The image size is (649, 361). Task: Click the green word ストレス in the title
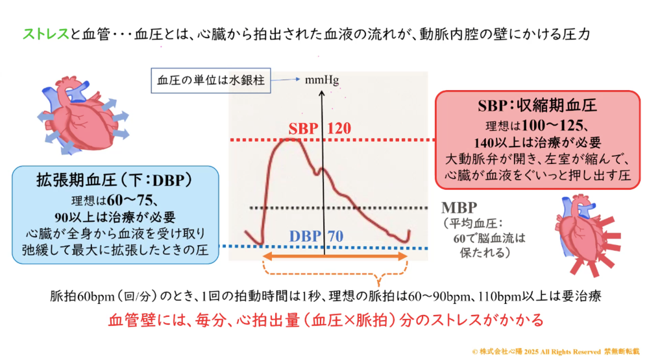46,34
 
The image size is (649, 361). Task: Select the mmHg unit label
322,80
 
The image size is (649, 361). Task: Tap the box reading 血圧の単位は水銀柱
211,80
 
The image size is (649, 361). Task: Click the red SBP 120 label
319,128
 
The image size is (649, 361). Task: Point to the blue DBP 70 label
316,236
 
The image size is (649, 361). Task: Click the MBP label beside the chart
459,207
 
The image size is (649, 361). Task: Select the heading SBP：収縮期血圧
537,106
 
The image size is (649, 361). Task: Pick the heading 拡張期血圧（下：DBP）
114,180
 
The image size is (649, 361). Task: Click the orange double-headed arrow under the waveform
336,257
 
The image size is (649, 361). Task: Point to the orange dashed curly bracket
336,274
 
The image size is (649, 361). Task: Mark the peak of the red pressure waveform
289,140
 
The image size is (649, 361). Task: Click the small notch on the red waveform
318,172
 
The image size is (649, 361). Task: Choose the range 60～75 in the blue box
130,200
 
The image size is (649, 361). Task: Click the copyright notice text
556,351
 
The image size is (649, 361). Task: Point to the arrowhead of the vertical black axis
322,93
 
